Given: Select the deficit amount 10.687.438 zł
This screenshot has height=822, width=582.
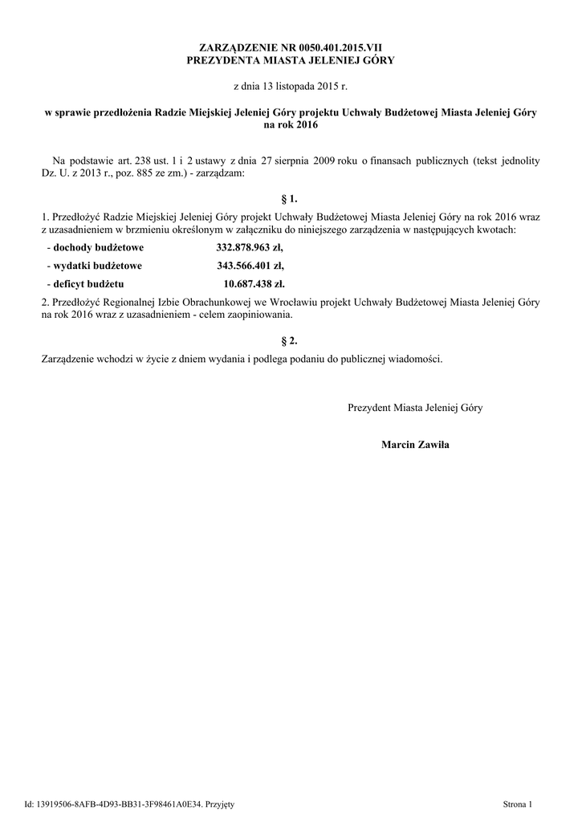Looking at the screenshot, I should tap(254, 283).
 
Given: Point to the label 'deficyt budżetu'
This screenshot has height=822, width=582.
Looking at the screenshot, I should tap(88, 283).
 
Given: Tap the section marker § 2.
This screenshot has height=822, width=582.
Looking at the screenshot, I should tap(290, 341).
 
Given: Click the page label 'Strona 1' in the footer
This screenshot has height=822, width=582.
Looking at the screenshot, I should tap(517, 804).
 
